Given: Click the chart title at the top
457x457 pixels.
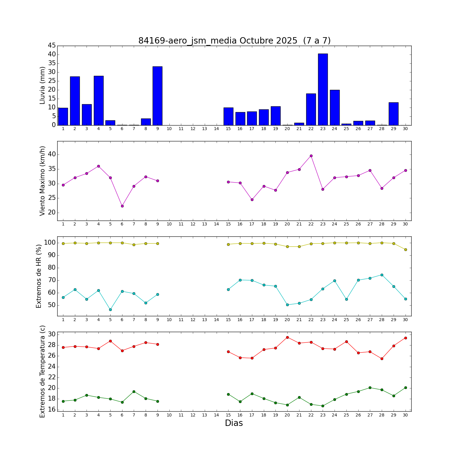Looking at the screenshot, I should [x=234, y=41].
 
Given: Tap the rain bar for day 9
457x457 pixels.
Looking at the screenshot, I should [x=158, y=96].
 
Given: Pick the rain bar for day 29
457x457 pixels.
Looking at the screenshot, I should [x=394, y=114].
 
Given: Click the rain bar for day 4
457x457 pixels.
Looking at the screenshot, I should [x=98, y=100].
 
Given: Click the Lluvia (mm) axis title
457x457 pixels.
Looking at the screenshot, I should [x=43, y=85].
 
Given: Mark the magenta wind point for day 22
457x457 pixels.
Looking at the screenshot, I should [x=311, y=156].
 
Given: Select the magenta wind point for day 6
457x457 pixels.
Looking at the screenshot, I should [x=122, y=206].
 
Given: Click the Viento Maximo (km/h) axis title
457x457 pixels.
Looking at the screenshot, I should [x=43, y=181].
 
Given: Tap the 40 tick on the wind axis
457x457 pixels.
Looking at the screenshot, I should [x=52, y=154].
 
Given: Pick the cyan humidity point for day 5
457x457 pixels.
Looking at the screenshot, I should [x=110, y=310].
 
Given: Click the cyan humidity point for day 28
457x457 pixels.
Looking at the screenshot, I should [x=382, y=275].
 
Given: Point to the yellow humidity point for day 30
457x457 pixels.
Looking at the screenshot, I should [x=406, y=250].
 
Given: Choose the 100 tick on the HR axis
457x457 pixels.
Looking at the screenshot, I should [x=50, y=243].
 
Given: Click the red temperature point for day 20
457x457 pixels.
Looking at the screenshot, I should [x=287, y=337].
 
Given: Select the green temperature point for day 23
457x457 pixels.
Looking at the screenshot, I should [x=323, y=406].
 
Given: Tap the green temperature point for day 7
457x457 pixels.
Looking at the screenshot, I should [x=134, y=391].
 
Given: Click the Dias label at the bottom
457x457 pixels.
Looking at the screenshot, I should [x=234, y=423].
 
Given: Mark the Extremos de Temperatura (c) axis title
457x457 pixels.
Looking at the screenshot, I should [x=43, y=371].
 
